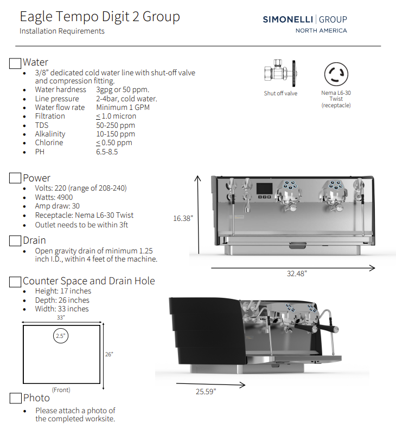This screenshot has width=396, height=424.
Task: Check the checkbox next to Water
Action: click(x=16, y=63)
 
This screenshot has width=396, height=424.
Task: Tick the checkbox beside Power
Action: click(x=16, y=178)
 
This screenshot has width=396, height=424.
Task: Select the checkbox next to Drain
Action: click(x=16, y=240)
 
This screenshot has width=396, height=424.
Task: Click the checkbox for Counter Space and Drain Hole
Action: click(x=16, y=282)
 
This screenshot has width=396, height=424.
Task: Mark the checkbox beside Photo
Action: click(x=16, y=399)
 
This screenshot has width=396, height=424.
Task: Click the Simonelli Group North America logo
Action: click(x=305, y=24)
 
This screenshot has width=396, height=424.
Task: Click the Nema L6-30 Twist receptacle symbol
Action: click(x=336, y=74)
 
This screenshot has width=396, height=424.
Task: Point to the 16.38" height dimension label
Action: click(x=183, y=219)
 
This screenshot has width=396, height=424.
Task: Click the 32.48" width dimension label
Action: click(x=297, y=274)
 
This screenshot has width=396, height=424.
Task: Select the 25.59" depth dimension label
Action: click(x=206, y=391)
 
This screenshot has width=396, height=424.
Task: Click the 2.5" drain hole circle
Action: click(x=60, y=336)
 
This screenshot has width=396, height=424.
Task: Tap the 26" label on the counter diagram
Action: click(x=109, y=354)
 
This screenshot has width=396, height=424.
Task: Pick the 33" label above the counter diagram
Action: click(x=60, y=318)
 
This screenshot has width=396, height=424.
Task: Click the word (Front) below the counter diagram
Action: click(x=61, y=390)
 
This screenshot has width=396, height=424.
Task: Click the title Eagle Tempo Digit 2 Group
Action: click(x=100, y=17)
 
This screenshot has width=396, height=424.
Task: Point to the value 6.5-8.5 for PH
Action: click(x=107, y=152)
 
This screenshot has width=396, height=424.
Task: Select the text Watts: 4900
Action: click(x=54, y=198)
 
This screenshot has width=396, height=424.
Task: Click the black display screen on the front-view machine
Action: click(x=264, y=189)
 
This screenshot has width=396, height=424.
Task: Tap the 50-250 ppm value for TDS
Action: click(x=116, y=125)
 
